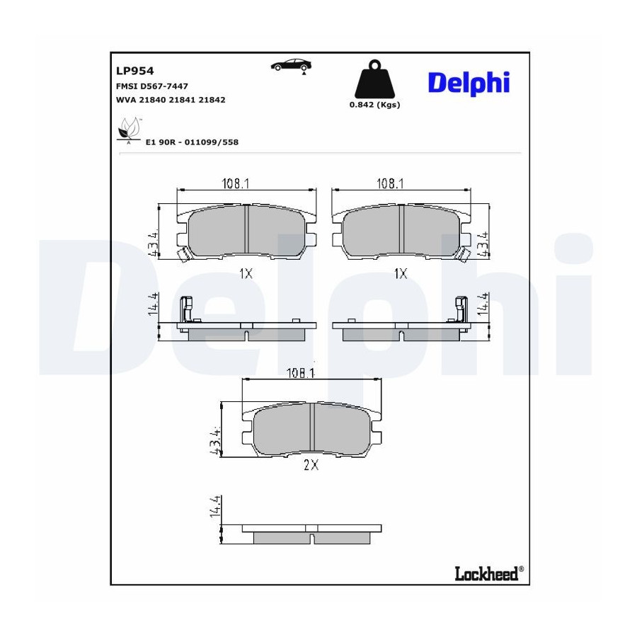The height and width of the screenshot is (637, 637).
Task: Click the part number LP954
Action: [x=135, y=71]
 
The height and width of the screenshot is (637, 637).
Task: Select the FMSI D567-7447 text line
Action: [x=152, y=86]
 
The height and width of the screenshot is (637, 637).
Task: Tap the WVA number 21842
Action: [x=212, y=100]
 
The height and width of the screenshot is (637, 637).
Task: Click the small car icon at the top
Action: [x=292, y=67]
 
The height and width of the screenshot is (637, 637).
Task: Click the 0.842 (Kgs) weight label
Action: [x=374, y=105]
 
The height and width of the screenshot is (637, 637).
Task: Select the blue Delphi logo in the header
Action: [x=469, y=84]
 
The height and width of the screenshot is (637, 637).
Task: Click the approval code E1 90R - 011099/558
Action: [x=192, y=142]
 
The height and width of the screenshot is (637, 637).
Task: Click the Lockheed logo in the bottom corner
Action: [x=489, y=573]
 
